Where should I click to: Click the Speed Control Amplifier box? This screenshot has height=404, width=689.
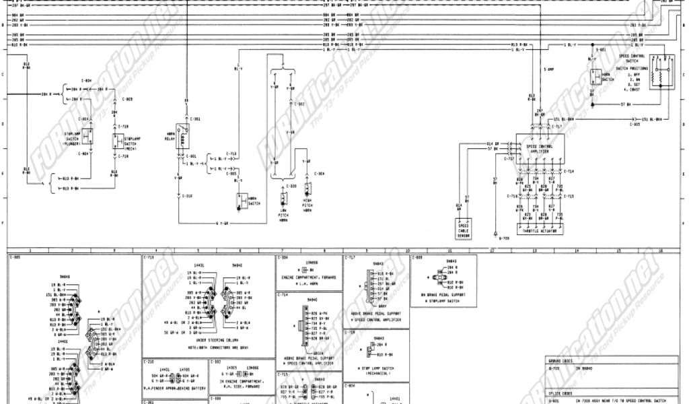[537, 145]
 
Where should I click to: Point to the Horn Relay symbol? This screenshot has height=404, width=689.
[182, 130]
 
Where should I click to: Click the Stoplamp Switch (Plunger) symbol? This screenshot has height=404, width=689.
[89, 137]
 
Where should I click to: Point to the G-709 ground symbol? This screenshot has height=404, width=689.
[499, 238]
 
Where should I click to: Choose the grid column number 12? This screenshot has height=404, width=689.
[492, 250]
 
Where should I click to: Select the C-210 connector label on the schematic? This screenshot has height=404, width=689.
[188, 196]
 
